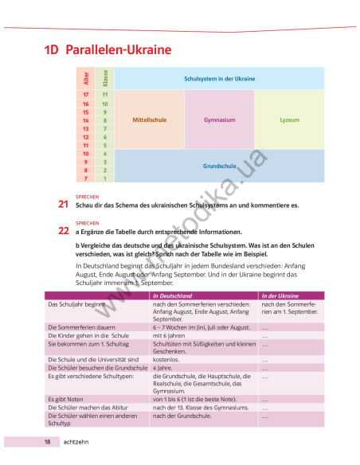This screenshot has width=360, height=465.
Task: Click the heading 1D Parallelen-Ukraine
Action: (x=108, y=50)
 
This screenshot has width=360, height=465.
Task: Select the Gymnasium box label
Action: (x=219, y=119)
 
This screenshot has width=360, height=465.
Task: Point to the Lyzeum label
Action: (x=290, y=119)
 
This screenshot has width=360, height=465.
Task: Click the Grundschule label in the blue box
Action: (x=219, y=166)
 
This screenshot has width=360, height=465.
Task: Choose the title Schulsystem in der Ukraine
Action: (x=219, y=79)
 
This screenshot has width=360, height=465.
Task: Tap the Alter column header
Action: (x=85, y=78)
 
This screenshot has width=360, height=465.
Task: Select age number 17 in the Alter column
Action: (x=85, y=95)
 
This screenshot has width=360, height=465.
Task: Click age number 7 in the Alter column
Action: (x=85, y=179)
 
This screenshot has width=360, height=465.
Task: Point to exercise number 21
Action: (x=63, y=205)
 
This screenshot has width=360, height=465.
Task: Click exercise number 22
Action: (x=63, y=232)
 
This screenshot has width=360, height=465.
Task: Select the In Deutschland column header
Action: (x=174, y=295)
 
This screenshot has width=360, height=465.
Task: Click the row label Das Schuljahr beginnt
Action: (x=77, y=304)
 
